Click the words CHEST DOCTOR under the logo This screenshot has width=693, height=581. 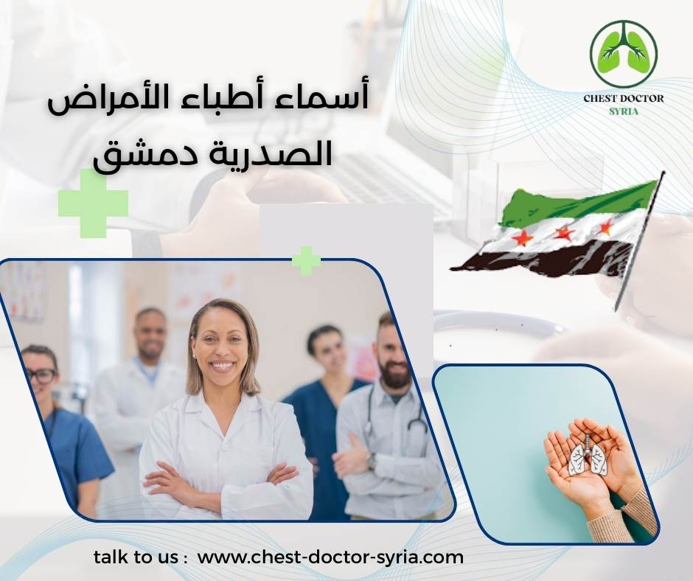point(623,98)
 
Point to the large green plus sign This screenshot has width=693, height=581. point(93,203)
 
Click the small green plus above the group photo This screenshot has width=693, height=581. point(306,260)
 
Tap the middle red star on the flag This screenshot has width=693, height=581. point(563,234)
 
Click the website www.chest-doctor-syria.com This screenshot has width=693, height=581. point(331,557)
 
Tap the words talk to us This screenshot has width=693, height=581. point(140,557)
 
